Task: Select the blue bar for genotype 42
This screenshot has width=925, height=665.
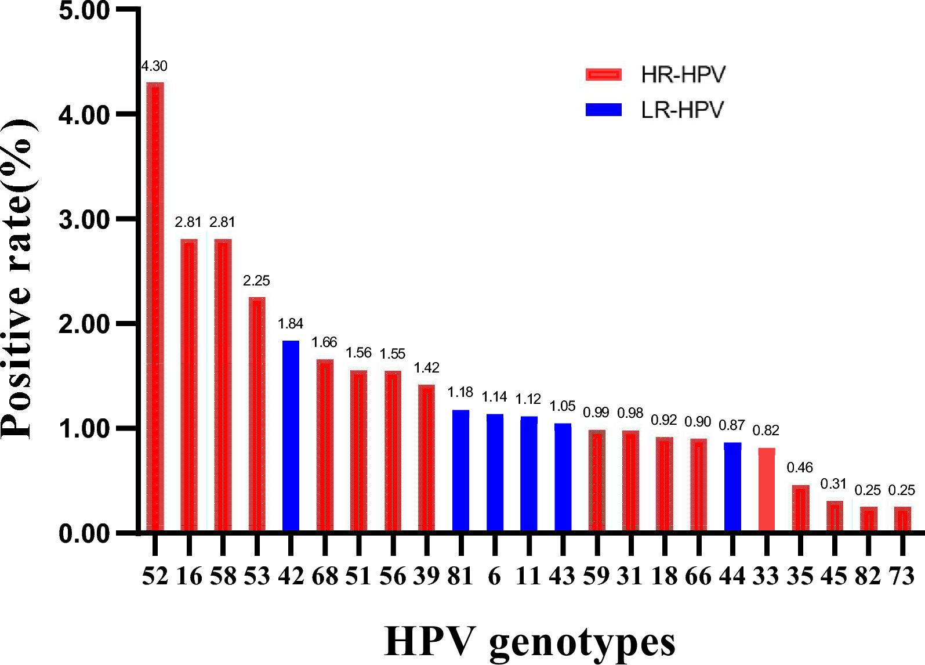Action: click(x=291, y=435)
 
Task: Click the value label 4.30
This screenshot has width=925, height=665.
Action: click(x=154, y=66)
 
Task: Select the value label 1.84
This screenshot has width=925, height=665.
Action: click(x=291, y=324)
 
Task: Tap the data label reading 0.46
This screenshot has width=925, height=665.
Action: click(x=800, y=468)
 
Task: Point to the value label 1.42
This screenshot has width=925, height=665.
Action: click(x=426, y=368)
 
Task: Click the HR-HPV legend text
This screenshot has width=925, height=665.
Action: click(x=683, y=75)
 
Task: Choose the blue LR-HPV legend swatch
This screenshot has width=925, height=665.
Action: click(x=603, y=110)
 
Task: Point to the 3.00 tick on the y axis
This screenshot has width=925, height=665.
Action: click(x=84, y=220)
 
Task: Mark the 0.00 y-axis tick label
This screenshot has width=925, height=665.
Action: click(x=84, y=533)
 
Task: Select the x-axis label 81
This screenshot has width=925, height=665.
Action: click(x=460, y=576)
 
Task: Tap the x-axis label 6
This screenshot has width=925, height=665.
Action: click(x=494, y=576)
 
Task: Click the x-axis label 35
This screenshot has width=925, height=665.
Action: click(x=800, y=576)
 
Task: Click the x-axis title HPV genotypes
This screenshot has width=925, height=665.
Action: click(x=529, y=642)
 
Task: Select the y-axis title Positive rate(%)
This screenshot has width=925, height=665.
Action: click(x=17, y=279)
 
